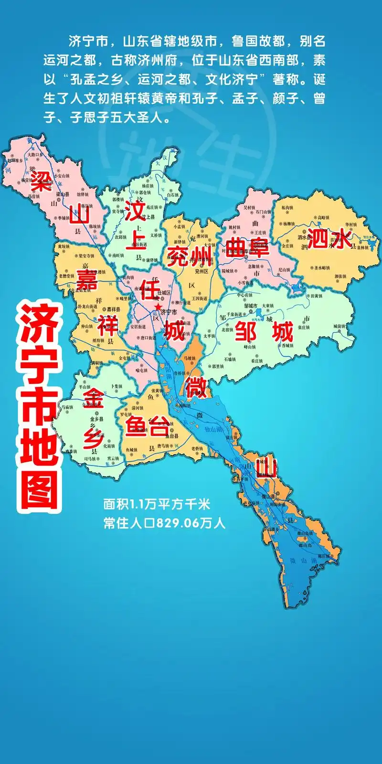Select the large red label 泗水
329,238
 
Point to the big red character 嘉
87,280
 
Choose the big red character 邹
246,331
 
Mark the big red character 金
93,398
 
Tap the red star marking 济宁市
157,306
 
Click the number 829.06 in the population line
177,523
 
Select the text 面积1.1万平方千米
157,504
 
